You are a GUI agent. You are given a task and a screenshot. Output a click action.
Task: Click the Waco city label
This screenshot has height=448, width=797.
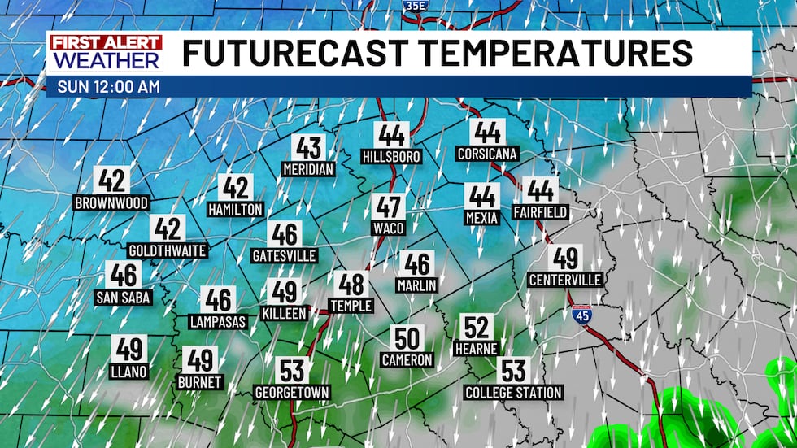pos(388,228)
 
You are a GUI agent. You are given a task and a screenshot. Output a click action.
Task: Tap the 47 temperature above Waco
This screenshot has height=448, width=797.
pos(388,207)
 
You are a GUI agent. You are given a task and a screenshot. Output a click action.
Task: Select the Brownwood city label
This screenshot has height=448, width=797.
pos(111,202)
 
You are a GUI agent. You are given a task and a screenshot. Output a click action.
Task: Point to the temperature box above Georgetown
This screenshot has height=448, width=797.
pos(292,371)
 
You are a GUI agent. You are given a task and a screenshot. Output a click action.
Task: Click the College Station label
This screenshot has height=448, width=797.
pos(513,393)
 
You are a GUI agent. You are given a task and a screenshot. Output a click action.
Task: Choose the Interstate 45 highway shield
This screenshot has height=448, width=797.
pos(581,314)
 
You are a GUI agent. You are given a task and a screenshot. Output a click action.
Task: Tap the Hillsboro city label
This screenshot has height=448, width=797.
pos(393,156)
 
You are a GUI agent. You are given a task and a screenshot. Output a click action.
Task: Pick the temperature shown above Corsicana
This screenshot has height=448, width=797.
pos(488,132)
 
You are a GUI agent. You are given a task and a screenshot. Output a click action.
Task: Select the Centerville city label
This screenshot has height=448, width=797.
pos(565,281)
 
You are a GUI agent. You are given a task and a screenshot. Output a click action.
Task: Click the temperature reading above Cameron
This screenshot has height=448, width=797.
pos(407,338)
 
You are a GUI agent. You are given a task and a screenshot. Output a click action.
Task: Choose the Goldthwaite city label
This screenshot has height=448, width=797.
pos(168,250)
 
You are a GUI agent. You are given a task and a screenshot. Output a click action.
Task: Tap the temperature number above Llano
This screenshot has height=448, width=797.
pos(129,350)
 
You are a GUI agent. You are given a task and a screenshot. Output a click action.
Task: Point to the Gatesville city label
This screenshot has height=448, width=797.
pos(284,255)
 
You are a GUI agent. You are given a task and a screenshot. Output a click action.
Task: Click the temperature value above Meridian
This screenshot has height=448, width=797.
pos(308,148)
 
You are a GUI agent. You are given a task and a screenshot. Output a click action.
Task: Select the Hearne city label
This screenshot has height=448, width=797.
pos(477,349)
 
